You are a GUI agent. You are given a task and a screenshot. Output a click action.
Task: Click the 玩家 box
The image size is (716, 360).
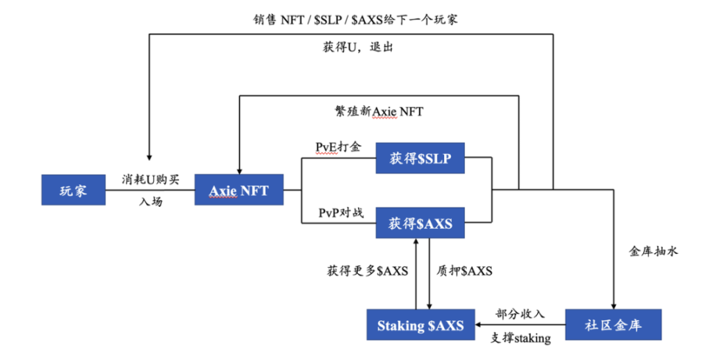coord(73,191)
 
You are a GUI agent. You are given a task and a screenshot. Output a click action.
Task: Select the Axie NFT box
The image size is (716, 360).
coord(239,191)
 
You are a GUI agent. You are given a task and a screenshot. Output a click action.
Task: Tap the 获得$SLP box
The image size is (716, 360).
coord(420,158)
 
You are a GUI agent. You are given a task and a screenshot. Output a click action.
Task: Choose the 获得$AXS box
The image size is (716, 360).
coord(420,223)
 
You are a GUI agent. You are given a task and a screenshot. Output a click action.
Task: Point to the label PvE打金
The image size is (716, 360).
coord(339,148)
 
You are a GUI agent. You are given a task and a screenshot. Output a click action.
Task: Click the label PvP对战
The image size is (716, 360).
coord(340,212)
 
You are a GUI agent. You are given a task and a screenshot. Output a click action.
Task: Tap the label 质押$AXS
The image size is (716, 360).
coord(465,270)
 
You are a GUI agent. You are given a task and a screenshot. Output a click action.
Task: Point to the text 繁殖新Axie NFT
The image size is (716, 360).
coord(379,112)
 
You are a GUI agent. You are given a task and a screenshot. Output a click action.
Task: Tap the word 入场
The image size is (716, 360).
coord(151,201)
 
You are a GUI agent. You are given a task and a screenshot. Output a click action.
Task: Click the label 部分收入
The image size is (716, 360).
coord(520,313)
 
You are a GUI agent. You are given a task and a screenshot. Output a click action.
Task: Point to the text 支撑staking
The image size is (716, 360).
coord(520,339)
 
